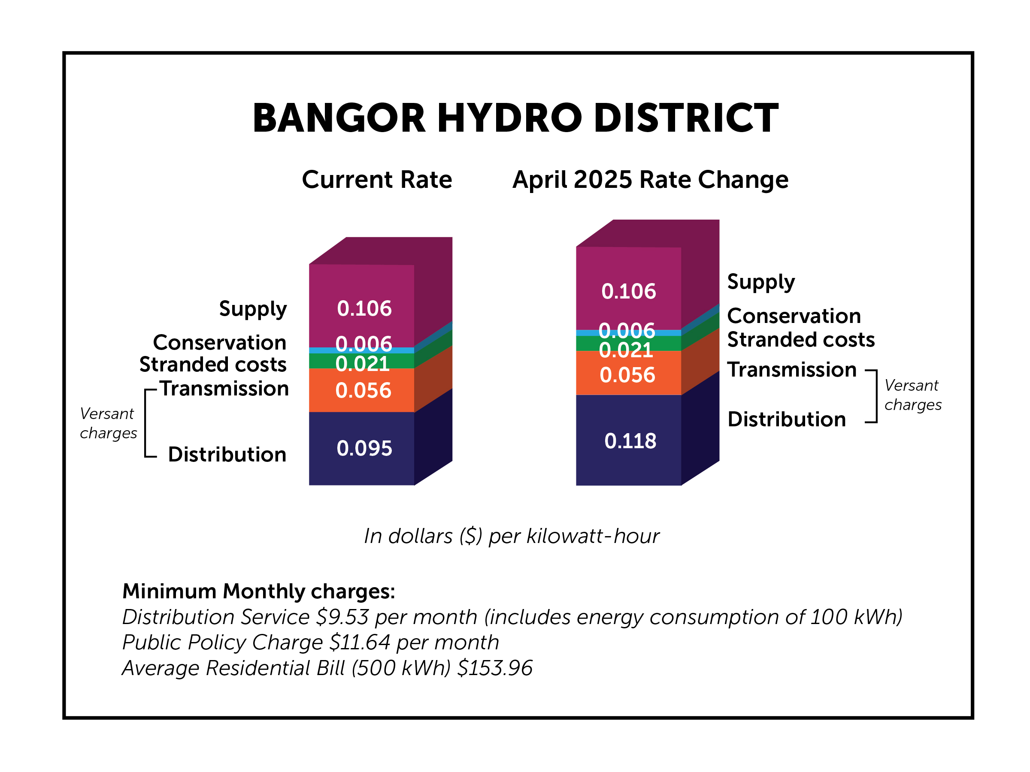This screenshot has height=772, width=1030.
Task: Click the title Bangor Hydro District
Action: click(x=515, y=118)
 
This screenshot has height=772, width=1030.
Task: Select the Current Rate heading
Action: click(x=377, y=180)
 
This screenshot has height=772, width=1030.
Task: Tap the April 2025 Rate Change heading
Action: click(x=650, y=180)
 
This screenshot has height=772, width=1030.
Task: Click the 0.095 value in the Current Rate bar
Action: click(x=364, y=449)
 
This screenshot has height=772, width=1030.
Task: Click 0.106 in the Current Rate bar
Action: click(x=364, y=308)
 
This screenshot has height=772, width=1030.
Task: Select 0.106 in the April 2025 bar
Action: click(x=628, y=291)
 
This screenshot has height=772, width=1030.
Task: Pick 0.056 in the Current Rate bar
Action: click(x=363, y=390)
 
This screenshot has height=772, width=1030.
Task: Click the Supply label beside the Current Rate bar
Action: click(x=253, y=309)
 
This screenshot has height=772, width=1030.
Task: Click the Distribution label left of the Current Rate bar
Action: click(x=227, y=455)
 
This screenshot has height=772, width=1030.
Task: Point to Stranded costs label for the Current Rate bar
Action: click(x=213, y=365)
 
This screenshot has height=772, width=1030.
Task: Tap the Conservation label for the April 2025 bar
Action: click(x=794, y=316)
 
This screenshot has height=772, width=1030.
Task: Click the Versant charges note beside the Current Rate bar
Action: click(x=108, y=423)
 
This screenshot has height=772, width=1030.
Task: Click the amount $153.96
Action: click(x=494, y=668)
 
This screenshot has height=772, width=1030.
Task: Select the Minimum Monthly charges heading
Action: click(x=258, y=591)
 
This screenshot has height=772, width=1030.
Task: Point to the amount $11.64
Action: click(x=360, y=642)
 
